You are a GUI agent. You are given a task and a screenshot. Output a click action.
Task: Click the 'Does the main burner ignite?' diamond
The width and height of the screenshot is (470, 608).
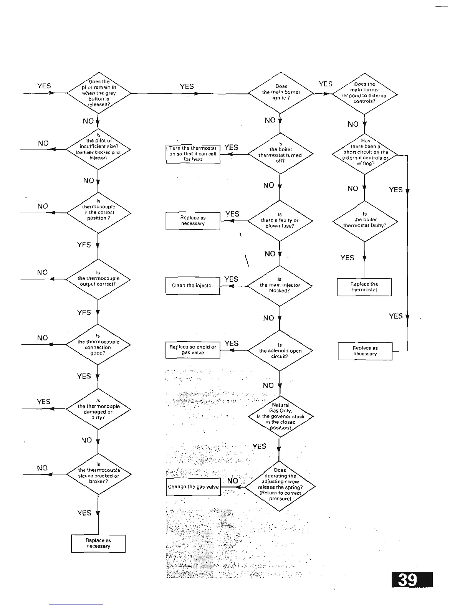point(281,93)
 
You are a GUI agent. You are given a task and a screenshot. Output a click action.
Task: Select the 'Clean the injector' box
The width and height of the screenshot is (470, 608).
point(193,286)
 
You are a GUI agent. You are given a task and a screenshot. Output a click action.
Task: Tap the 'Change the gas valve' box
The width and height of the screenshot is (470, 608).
point(193,487)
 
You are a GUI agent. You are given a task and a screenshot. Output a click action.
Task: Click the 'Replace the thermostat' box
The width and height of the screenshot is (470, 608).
point(364,287)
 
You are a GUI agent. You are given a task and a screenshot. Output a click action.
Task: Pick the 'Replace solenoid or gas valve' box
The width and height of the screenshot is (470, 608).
point(193,350)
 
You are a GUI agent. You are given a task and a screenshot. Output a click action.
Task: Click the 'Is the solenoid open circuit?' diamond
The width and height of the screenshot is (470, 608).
point(280,350)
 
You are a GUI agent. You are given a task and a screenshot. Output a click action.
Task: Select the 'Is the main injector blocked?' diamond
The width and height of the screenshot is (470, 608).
point(280,286)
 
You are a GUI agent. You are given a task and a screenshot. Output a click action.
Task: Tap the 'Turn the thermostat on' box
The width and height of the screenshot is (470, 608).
point(193,154)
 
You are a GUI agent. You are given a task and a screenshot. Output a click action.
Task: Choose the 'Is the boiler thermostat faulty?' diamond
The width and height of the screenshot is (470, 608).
point(365,221)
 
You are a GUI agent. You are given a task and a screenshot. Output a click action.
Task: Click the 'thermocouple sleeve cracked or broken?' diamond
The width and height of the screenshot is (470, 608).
point(99,474)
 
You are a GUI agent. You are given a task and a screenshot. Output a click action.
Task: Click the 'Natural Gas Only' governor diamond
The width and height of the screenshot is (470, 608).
point(280,416)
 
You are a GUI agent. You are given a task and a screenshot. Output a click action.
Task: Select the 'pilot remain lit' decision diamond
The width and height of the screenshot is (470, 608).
point(99,93)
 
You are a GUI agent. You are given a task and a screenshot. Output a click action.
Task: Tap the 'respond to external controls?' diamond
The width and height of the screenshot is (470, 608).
point(365,94)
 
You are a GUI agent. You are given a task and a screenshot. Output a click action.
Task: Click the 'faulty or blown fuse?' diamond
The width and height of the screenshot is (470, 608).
point(280,221)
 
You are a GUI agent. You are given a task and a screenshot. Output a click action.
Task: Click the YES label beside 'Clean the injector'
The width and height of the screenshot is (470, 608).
point(231,279)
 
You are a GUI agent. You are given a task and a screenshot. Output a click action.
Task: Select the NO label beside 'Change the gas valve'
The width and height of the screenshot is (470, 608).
point(233,481)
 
